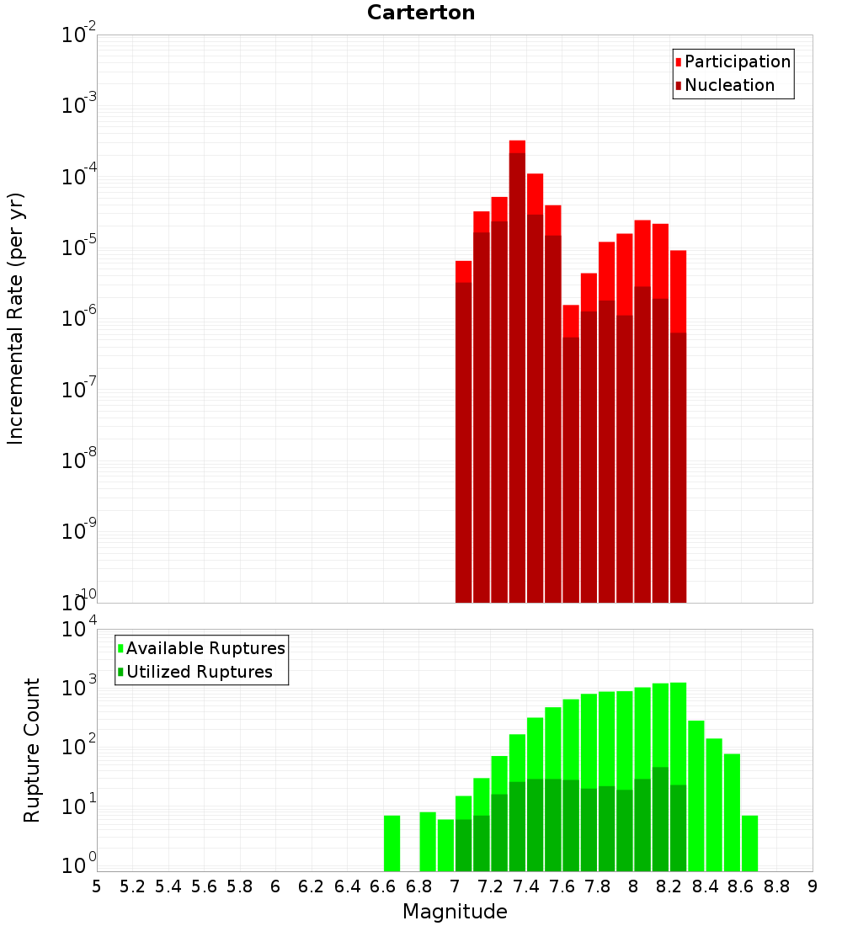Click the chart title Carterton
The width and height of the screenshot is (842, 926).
(x=421, y=13)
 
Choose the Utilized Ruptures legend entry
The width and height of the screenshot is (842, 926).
(x=199, y=672)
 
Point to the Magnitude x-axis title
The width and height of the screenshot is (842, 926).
(x=455, y=912)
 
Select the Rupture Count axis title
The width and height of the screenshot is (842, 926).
(x=32, y=749)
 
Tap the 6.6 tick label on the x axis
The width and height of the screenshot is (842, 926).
(x=383, y=886)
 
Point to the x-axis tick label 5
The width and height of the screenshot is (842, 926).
(x=97, y=886)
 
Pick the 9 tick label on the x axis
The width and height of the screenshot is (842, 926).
(x=813, y=886)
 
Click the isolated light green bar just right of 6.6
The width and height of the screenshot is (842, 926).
(x=392, y=842)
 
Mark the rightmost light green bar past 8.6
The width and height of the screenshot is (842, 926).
(x=749, y=842)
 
